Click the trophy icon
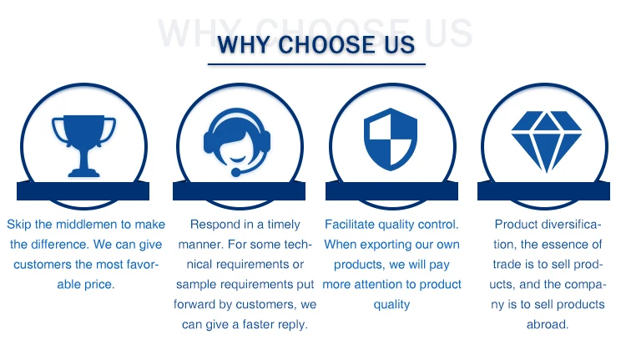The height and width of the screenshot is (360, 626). tap(83, 145)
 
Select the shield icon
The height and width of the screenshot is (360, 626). tap(391, 139)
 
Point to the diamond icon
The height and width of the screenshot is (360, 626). tap(546, 141)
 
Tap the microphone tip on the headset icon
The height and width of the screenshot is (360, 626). tap(236, 173)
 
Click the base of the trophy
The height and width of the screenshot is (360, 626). tap(83, 173)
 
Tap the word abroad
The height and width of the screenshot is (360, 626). tap(547, 324)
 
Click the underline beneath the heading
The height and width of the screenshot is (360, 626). tap(316, 64)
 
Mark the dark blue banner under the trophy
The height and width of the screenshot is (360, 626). tap(83, 191)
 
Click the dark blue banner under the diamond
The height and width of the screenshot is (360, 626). tap(543, 191)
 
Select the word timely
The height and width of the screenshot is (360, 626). tap(284, 225)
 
